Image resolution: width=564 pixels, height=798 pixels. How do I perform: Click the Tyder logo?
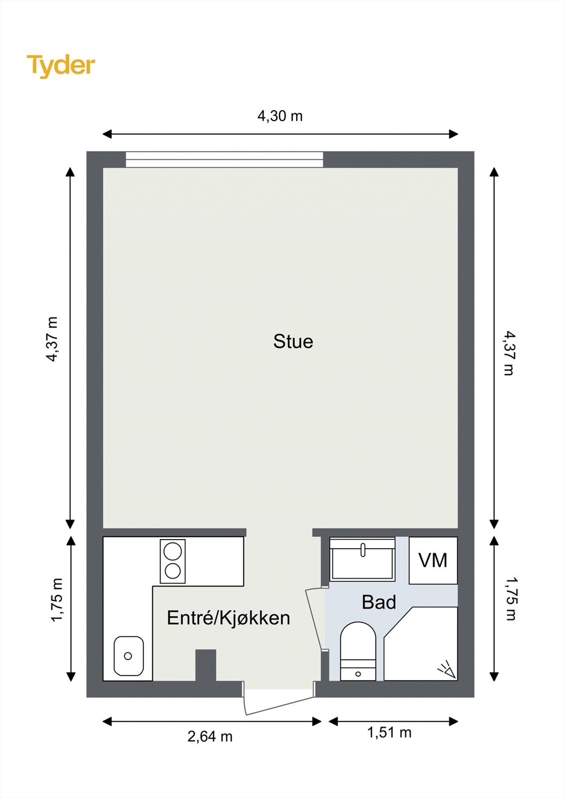point(61,65)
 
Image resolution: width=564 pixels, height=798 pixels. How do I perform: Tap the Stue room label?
point(293,342)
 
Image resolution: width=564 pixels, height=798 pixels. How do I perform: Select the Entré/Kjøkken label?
point(228,618)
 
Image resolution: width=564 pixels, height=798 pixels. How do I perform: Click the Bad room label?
point(379,602)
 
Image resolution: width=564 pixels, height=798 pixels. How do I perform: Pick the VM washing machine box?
point(433,561)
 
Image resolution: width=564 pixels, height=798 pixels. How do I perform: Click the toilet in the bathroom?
point(358,648)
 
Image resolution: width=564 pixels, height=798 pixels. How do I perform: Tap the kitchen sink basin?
point(129,656)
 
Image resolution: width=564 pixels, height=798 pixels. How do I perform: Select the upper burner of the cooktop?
point(173,552)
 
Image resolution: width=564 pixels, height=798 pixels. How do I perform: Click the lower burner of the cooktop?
point(173,571)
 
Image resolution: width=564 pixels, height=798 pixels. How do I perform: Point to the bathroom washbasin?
point(363,559)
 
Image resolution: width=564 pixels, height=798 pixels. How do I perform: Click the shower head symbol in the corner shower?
point(446,669)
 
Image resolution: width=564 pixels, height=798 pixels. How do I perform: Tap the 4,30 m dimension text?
point(280,116)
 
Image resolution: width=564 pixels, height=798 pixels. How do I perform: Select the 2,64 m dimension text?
point(210,736)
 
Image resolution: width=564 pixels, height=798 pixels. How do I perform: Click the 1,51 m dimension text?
point(389,732)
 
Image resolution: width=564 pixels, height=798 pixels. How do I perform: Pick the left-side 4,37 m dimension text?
point(52,339)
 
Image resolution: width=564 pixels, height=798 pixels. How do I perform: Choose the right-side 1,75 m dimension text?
point(511,598)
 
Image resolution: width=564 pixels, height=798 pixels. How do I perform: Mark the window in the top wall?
point(224,160)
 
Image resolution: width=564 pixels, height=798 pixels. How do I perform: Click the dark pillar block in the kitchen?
point(205,665)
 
